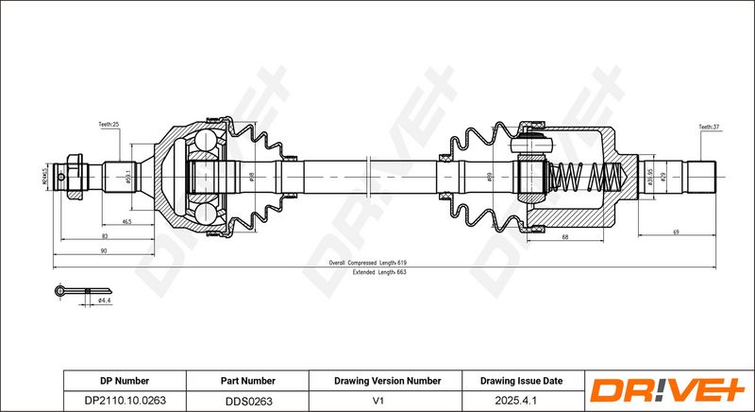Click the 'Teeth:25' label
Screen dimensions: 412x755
click(x=109, y=125)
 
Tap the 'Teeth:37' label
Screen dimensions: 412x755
click(x=709, y=126)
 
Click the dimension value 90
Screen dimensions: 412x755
click(x=103, y=250)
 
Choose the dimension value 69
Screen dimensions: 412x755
click(x=677, y=232)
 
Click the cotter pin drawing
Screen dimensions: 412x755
click(x=71, y=290)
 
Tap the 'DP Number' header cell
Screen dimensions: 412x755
click(x=125, y=381)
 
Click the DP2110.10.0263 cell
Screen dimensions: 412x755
click(x=125, y=401)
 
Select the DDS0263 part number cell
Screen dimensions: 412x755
click(x=249, y=401)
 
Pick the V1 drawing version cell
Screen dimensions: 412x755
click(x=387, y=401)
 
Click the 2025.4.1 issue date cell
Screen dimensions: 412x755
click(x=521, y=401)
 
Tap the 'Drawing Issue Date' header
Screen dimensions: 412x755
click(x=521, y=381)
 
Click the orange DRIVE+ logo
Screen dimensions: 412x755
click(x=667, y=390)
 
